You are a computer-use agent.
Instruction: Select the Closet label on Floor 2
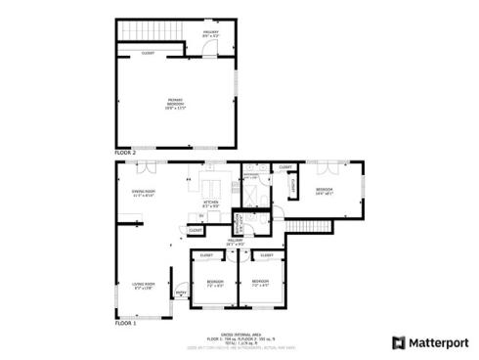(149, 53)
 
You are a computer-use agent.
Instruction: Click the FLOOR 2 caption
(125, 154)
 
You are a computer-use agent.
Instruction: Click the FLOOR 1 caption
(125, 322)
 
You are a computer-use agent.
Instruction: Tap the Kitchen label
(211, 205)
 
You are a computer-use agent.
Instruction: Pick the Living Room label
(144, 286)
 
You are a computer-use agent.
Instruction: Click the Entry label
(180, 292)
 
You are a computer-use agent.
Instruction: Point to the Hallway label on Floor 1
(236, 241)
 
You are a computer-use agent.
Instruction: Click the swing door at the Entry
(182, 303)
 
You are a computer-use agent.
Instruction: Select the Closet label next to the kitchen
(196, 230)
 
